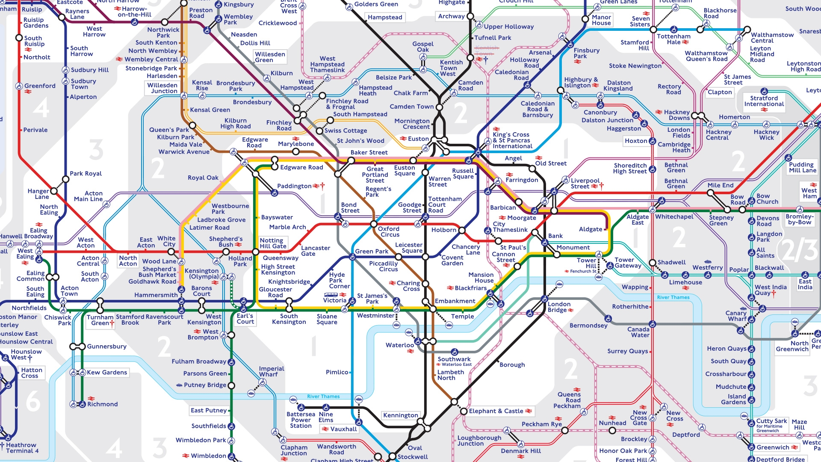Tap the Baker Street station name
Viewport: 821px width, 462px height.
pos(369,152)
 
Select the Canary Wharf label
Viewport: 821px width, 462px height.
pos(735,316)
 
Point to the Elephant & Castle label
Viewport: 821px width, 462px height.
pos(496,411)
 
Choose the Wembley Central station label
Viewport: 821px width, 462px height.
pos(151,59)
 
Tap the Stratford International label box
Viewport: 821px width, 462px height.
pos(764,101)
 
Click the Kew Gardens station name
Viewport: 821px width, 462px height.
pos(107,373)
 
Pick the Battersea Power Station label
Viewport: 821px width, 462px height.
pos(301,420)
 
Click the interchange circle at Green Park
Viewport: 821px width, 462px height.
pos(352,257)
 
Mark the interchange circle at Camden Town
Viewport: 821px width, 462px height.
pos(439,107)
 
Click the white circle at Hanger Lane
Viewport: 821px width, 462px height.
pos(54,191)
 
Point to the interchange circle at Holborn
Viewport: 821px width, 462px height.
pos(462,230)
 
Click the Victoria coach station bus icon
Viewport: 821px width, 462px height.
pos(331,295)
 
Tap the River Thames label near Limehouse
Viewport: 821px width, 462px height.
pos(673,297)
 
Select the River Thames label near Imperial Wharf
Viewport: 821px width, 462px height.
pos(323,397)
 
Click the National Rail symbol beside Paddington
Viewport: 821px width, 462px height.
pos(316,186)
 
